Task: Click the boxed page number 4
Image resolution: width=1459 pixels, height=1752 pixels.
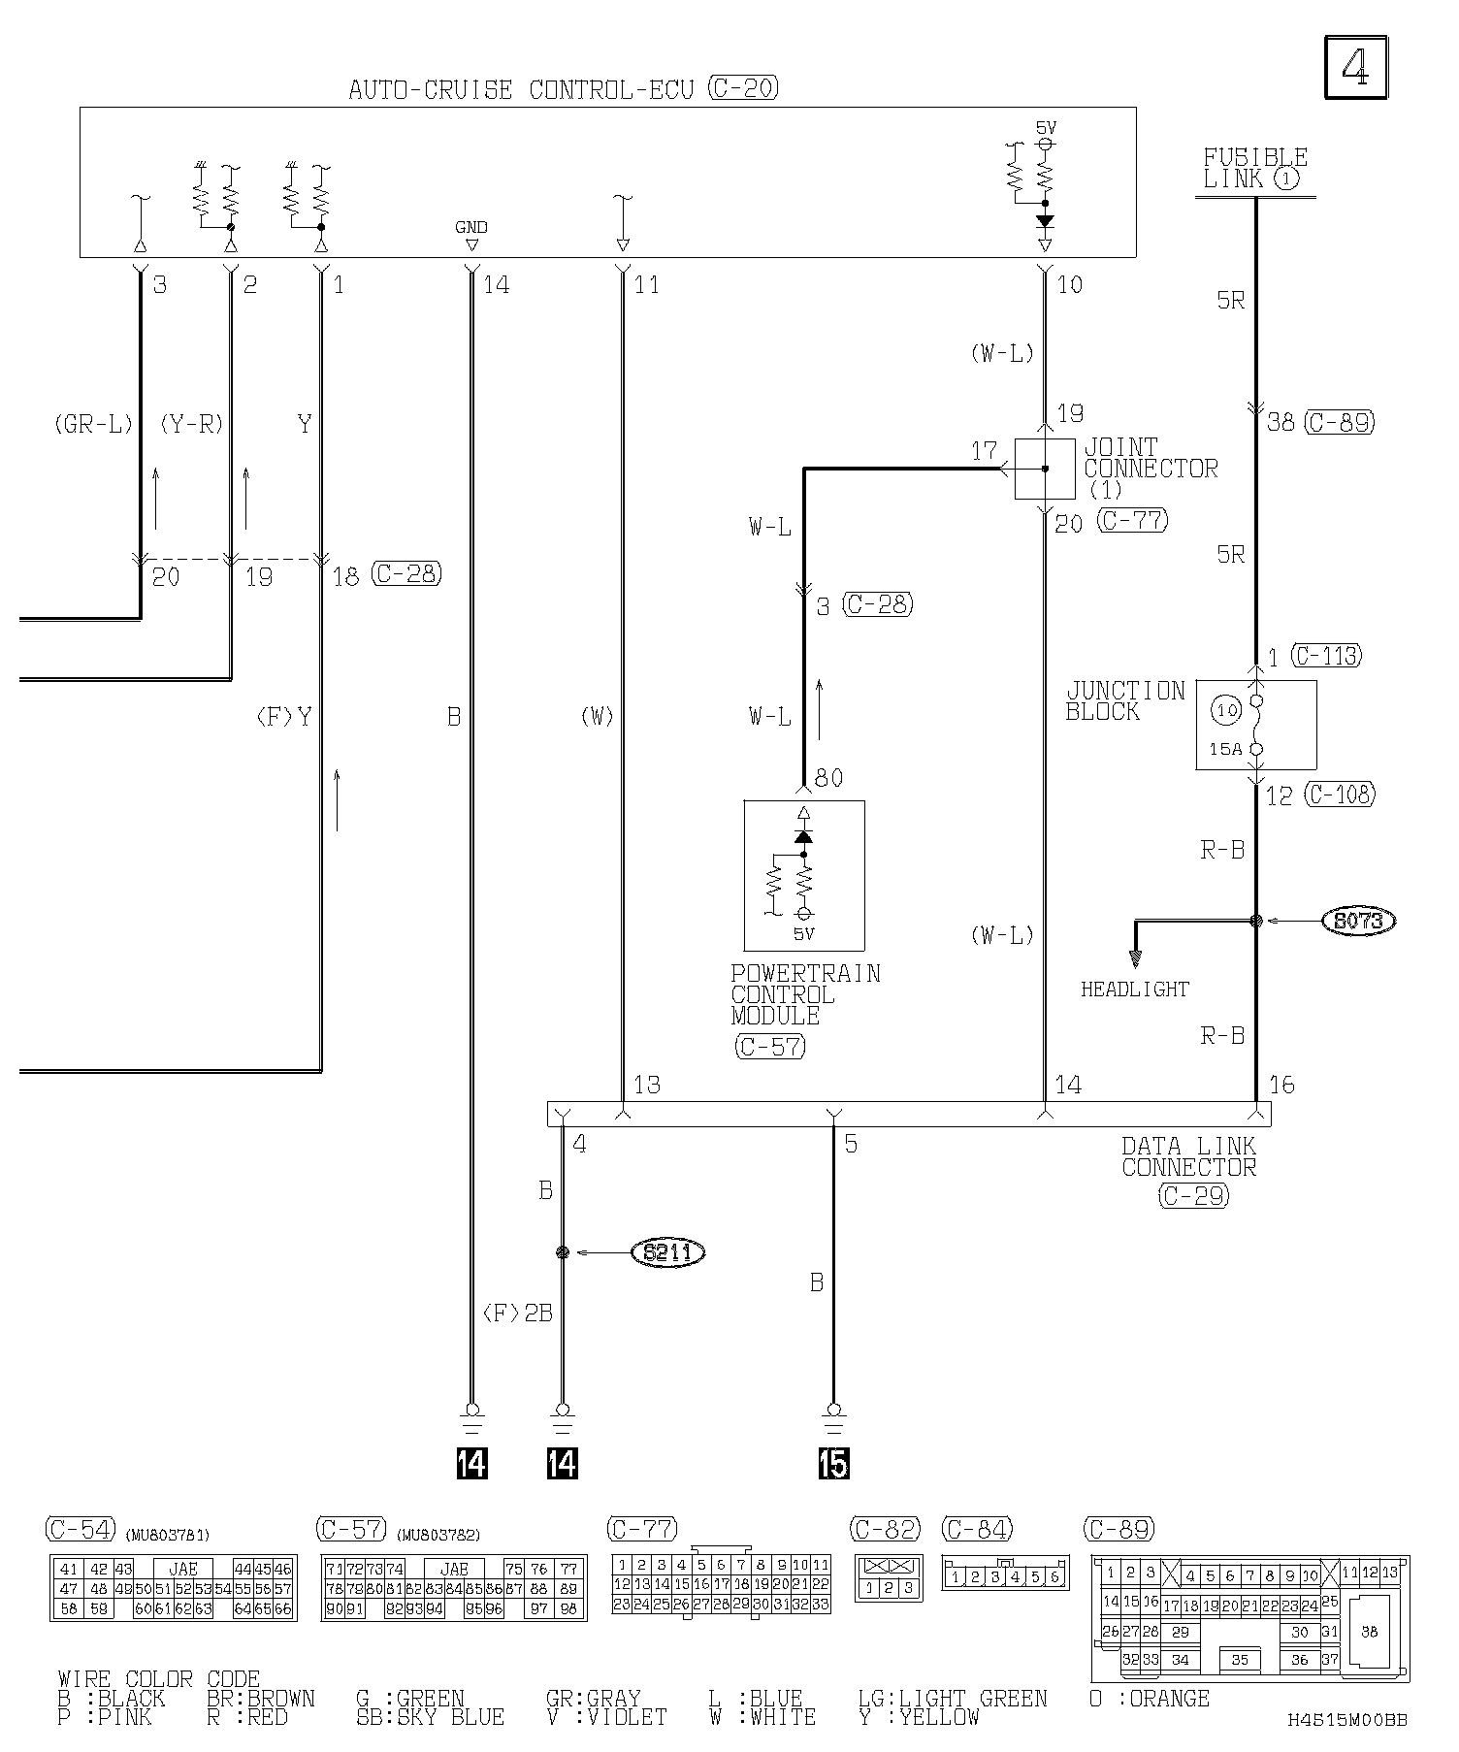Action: pos(1355,67)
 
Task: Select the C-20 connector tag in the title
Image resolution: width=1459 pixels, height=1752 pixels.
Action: pos(743,88)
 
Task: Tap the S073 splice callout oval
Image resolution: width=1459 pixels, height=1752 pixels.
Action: pos(1358,921)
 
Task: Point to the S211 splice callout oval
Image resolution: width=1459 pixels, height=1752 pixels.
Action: pos(667,1252)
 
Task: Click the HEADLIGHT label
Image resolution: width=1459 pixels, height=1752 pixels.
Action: pos(1134,990)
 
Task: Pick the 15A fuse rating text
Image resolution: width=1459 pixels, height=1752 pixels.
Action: pos(1225,749)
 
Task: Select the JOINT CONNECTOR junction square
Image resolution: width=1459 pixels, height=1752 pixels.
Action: pos(1044,469)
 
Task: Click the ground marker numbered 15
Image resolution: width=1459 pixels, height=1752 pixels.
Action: pos(832,1463)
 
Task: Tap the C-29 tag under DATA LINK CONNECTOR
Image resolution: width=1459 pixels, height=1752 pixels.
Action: pos(1193,1195)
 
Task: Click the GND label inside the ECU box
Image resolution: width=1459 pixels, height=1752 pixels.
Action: pos(471,227)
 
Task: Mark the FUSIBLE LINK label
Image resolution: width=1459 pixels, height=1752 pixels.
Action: pos(1254,168)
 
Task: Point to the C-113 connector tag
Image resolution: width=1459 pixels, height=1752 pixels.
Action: pos(1326,656)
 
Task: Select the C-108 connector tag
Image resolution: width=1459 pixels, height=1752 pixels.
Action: pos(1340,795)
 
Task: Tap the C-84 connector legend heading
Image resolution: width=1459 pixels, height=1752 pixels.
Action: pos(977,1529)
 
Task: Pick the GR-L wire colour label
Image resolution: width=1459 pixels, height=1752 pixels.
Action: pos(93,424)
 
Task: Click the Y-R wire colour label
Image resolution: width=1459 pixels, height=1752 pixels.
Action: pos(192,424)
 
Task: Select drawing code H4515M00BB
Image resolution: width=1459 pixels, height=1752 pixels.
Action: pos(1347,1720)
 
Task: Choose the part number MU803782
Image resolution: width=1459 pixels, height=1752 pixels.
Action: pos(438,1535)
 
